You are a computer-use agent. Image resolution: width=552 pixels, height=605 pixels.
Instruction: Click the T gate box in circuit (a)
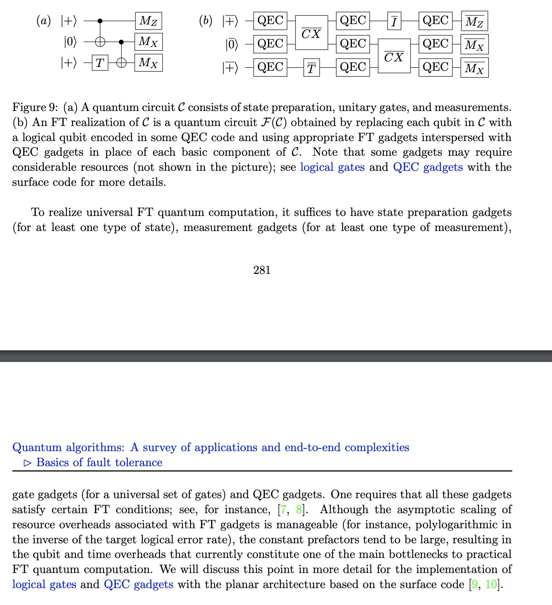pyautogui.click(x=100, y=62)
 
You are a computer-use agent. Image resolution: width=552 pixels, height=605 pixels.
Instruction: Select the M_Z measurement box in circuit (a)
pyautogui.click(x=149, y=21)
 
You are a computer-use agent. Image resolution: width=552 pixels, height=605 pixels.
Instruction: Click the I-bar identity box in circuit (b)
pyautogui.click(x=394, y=21)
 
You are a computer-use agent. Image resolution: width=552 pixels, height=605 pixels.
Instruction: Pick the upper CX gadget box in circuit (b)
pyautogui.click(x=311, y=33)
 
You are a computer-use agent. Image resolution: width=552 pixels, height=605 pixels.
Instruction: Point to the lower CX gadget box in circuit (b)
pyautogui.click(x=394, y=56)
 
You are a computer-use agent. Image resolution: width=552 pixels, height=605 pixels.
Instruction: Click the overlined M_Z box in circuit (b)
pyautogui.click(x=474, y=21)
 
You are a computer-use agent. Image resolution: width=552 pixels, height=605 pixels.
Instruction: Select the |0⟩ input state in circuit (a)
pyautogui.click(x=70, y=42)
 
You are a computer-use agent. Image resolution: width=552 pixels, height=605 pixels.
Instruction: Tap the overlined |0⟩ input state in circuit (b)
pyautogui.click(x=232, y=44)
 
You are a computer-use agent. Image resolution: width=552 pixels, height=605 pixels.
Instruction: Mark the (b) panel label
pyautogui.click(x=205, y=20)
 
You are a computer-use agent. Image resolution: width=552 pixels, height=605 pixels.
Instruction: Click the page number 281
pyautogui.click(x=262, y=270)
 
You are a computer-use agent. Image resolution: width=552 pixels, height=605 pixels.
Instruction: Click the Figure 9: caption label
pyautogui.click(x=35, y=108)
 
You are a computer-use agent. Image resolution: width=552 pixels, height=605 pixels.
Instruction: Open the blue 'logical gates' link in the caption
pyautogui.click(x=332, y=167)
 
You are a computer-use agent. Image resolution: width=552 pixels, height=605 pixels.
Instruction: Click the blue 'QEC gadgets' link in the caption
pyautogui.click(x=428, y=167)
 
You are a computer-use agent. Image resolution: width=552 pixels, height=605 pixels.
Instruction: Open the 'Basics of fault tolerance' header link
pyautogui.click(x=99, y=462)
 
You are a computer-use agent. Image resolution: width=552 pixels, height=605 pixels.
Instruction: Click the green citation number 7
pyautogui.click(x=284, y=509)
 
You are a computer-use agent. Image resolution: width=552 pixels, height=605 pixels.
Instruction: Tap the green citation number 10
pyautogui.click(x=491, y=584)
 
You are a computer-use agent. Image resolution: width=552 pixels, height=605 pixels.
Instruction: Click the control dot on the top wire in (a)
pyautogui.click(x=100, y=21)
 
